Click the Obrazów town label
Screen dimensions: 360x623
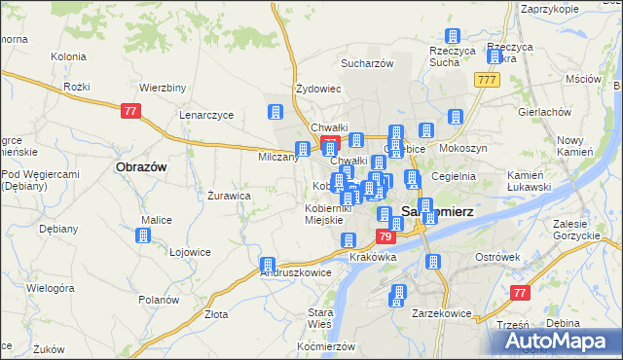(x=141, y=167)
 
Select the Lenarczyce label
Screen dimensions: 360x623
(x=205, y=115)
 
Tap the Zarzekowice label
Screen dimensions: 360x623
(x=441, y=314)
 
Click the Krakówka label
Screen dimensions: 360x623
(x=373, y=258)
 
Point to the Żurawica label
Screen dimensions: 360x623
(x=230, y=196)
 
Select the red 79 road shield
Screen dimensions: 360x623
(x=385, y=237)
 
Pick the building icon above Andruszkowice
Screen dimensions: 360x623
(x=268, y=265)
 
